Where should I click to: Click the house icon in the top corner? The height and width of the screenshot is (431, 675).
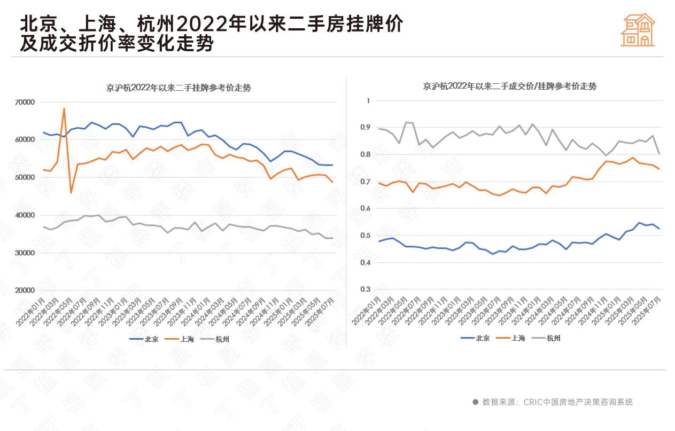pos(638,30)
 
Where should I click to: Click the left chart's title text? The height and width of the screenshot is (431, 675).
pos(179,88)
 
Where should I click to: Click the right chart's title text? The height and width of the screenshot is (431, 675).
pos(509,86)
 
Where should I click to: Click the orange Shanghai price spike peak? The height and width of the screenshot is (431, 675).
pos(64,109)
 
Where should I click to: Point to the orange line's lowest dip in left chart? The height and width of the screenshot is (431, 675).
pos(71,192)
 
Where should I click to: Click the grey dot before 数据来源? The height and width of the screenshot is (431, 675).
pos(475,402)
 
